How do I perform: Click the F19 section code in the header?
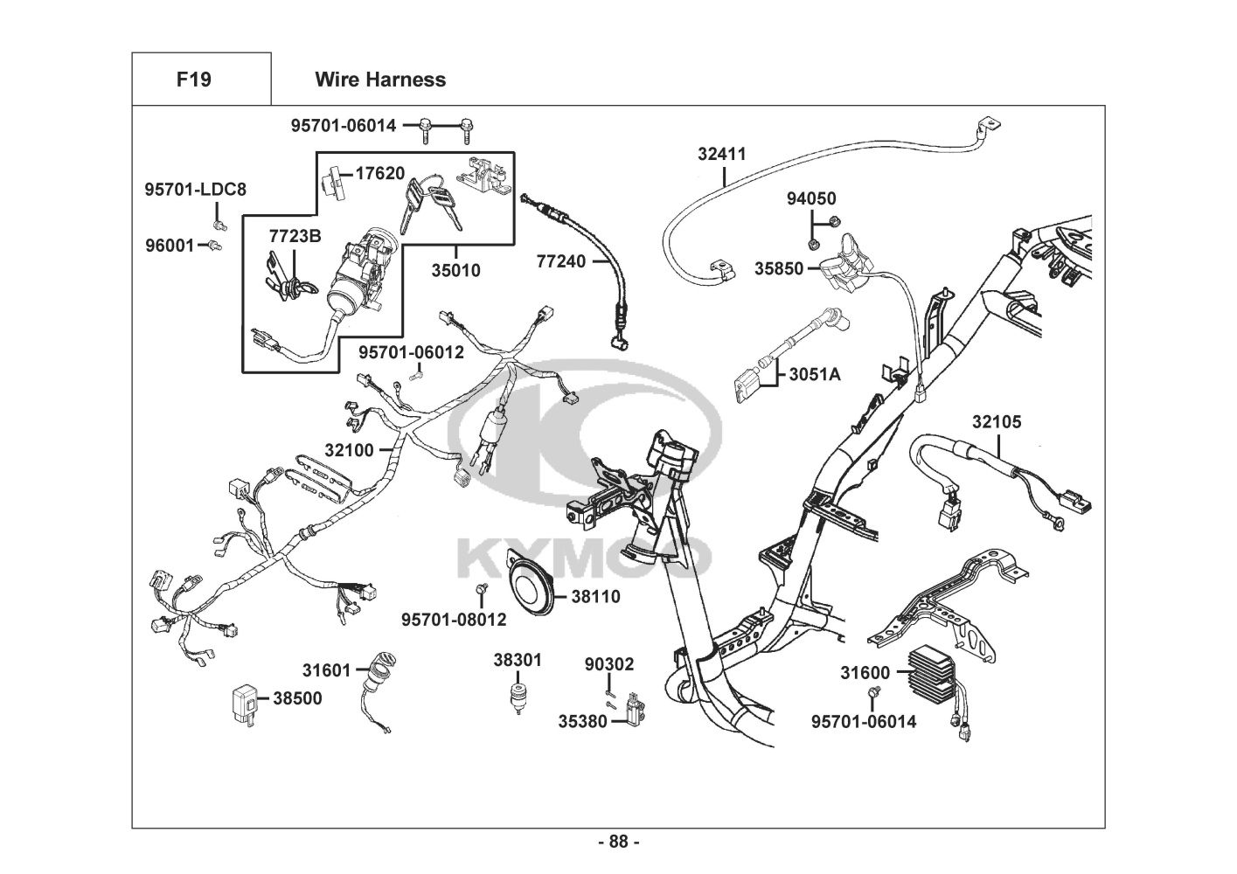(193, 80)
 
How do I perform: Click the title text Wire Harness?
(379, 80)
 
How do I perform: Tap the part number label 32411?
(721, 154)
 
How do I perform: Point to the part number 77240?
(560, 260)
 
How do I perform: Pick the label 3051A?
(814, 375)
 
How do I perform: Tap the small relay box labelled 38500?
(245, 700)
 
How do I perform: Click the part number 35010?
(455, 271)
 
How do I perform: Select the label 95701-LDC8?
(195, 189)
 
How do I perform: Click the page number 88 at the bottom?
(618, 842)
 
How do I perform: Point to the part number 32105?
(996, 422)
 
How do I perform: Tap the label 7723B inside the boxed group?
(295, 236)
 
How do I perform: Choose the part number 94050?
(810, 199)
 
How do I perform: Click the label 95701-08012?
(454, 620)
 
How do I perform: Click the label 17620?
(379, 173)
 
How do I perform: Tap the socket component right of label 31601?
(383, 671)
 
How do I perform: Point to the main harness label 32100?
(349, 450)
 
